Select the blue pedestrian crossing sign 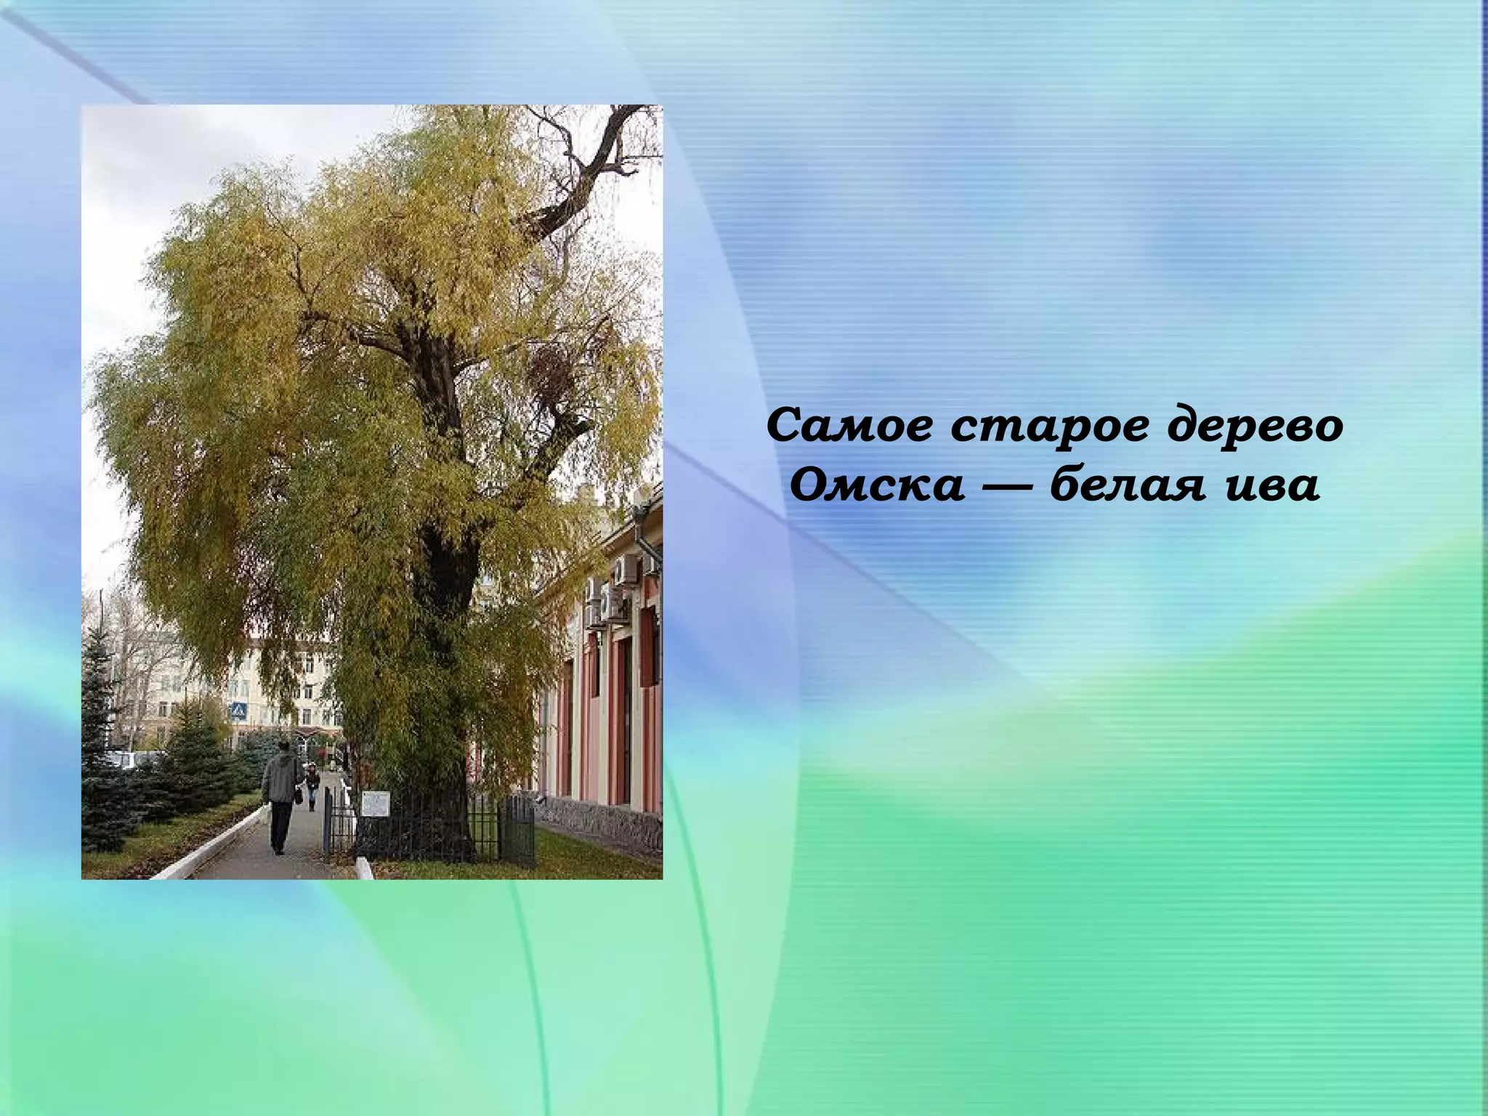pos(237,712)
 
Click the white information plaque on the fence pos(376,802)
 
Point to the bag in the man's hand pos(298,796)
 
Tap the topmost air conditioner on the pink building pos(626,570)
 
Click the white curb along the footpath pos(218,843)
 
